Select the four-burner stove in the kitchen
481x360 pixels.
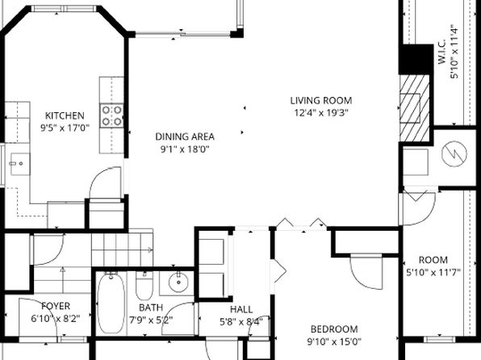[113, 116]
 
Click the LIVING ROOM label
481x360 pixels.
[321, 101]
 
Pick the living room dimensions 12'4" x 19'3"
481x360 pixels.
[321, 113]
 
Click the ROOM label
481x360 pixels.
[433, 260]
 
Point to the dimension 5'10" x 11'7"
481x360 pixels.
[433, 272]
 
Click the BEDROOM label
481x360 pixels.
[334, 329]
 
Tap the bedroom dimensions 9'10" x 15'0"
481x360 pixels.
[334, 341]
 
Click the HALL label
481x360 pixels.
[240, 309]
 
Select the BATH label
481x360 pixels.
[151, 308]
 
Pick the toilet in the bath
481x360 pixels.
[144, 286]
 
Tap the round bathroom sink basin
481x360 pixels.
[179, 283]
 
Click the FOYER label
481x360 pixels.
[56, 306]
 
